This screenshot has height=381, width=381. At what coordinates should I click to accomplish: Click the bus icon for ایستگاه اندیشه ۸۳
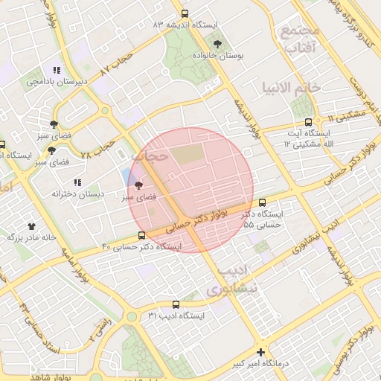tap(185, 13)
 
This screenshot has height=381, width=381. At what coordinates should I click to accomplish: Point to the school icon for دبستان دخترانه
tap(77, 182)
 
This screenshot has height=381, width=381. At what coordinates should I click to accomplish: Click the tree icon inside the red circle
tap(138, 186)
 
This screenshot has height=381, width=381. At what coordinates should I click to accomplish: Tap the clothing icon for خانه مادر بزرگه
tap(32, 225)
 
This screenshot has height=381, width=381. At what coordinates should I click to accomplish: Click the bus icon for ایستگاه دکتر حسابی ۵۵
tap(262, 202)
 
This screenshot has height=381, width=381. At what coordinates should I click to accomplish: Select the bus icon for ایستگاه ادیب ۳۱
tap(176, 304)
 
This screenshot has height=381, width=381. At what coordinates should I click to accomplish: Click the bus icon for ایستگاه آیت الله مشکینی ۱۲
tap(307, 123)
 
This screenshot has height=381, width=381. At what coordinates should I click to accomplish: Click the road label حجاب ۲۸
tap(97, 147)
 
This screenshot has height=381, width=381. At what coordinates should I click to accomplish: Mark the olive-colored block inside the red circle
tap(186, 154)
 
